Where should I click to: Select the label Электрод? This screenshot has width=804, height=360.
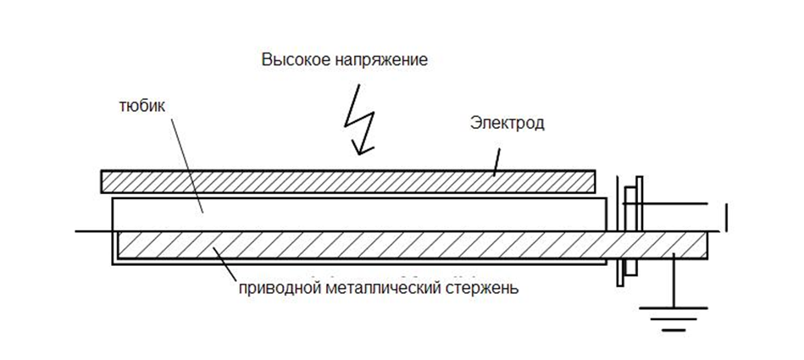pos(507,124)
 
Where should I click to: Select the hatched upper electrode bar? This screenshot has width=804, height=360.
pos(347,181)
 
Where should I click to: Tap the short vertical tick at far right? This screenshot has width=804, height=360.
pos(728,216)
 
